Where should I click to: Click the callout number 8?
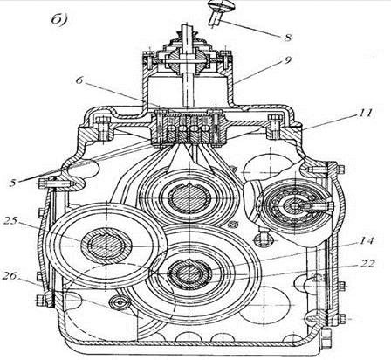click(288, 38)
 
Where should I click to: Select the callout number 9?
click(288, 60)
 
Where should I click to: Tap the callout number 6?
click(79, 80)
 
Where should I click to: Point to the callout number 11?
click(365, 113)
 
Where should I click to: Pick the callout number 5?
click(13, 183)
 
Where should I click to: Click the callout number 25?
click(10, 221)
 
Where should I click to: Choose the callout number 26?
click(10, 276)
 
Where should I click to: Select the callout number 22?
click(367, 263)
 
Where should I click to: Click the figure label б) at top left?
click(59, 19)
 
